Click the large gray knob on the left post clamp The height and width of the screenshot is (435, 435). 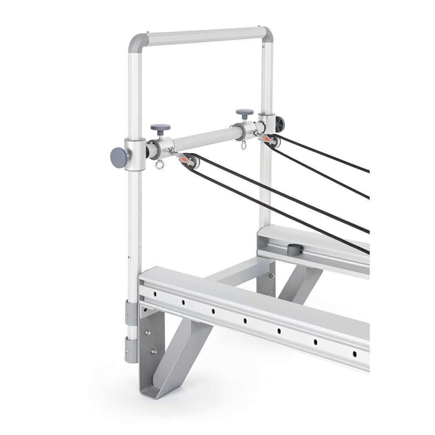click(x=118, y=157)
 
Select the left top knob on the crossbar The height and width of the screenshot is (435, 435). click(x=160, y=129)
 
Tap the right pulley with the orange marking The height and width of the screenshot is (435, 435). click(x=272, y=141)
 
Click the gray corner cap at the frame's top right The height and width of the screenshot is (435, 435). click(x=267, y=33)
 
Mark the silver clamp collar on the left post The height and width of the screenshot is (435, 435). click(x=135, y=154)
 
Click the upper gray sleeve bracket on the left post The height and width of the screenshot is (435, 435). click(x=132, y=312)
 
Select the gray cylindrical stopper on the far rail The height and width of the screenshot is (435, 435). click(x=294, y=250)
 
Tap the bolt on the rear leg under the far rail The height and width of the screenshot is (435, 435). click(x=272, y=275)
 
